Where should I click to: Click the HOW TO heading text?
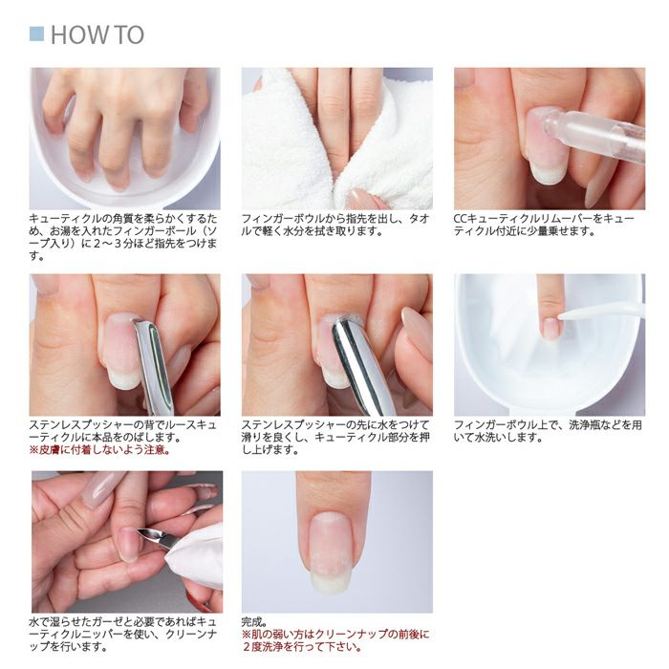point(97,35)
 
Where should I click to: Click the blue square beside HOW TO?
point(36,34)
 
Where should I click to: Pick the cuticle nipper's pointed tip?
point(141,532)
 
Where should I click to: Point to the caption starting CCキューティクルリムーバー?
point(545,225)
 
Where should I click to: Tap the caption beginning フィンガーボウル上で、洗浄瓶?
point(545,430)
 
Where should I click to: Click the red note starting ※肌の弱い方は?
point(334,640)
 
